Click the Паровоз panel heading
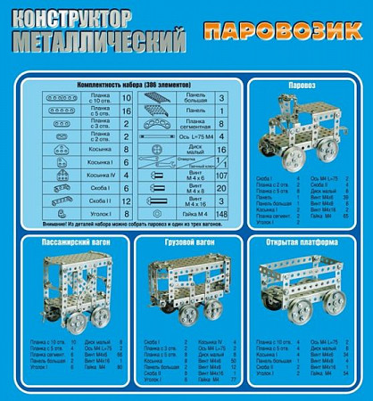[305, 86]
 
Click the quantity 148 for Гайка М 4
[222, 214]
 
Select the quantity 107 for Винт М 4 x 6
[222, 176]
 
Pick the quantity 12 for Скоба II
[126, 201]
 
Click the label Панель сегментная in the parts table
[191, 123]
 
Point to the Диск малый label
[191, 149]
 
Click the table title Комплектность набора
[128, 81]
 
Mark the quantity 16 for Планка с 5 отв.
[126, 110]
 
